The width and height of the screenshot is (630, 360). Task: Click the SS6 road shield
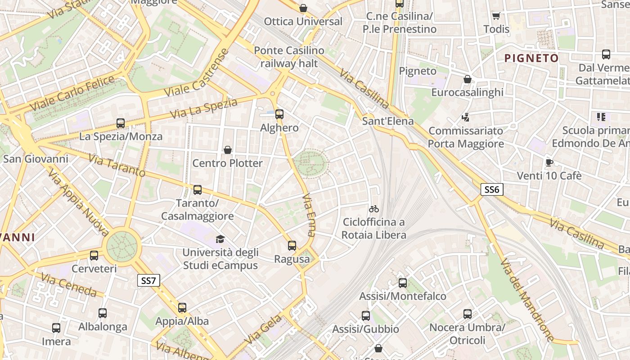tap(491, 189)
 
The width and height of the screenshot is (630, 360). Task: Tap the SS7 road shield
tap(148, 281)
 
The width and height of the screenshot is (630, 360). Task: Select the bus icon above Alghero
tap(279, 114)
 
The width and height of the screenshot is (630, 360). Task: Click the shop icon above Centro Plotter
tap(228, 149)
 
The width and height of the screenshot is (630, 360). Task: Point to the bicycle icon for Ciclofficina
tap(374, 209)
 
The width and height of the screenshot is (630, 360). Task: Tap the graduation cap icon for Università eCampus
tap(220, 239)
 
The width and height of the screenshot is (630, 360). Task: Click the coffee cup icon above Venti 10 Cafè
tap(549, 162)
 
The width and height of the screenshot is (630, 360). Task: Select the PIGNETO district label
tap(531, 58)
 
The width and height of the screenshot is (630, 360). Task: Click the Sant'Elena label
tap(388, 121)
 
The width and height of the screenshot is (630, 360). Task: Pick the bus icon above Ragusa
tap(292, 246)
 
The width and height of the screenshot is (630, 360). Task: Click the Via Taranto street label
tap(117, 165)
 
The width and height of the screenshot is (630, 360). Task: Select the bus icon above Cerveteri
tap(94, 256)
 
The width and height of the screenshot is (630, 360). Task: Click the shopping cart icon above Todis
tap(496, 16)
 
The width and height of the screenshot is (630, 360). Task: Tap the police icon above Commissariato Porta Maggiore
tap(466, 117)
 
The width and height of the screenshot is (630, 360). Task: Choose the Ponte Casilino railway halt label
tap(289, 57)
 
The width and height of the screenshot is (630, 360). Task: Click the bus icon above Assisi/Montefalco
tap(403, 283)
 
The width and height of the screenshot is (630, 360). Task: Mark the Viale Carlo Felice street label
tap(72, 94)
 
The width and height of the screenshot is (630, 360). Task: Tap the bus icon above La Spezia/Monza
tap(121, 123)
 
